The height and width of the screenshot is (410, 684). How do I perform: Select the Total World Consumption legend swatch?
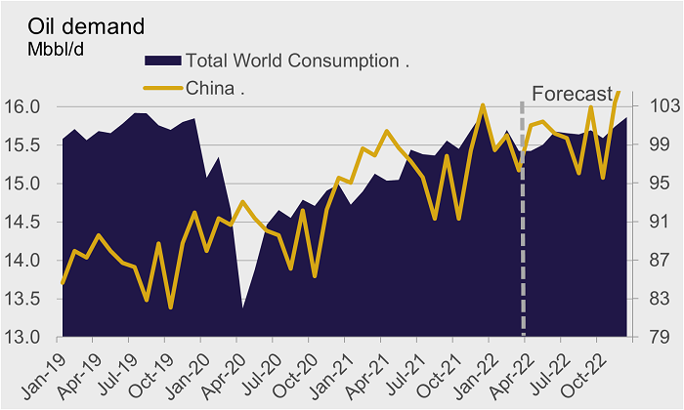pos(162,61)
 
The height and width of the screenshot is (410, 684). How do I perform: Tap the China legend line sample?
pos(162,89)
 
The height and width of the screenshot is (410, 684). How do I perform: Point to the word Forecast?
pos(572,94)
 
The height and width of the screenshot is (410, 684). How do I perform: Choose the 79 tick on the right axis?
pos(656,338)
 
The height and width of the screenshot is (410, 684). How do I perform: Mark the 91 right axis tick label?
pos(656,223)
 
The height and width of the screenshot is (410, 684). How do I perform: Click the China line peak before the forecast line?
pos(483,105)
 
